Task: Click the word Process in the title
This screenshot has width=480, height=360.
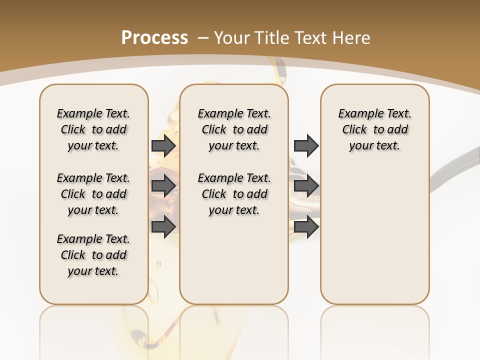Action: tap(154, 38)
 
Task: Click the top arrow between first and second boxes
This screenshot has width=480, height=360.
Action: tap(163, 146)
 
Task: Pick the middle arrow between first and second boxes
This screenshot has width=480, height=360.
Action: tap(163, 186)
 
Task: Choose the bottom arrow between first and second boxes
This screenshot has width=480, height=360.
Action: tap(163, 226)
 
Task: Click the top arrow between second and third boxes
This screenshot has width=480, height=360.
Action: tap(306, 146)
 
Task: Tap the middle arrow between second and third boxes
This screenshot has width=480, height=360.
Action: tap(306, 186)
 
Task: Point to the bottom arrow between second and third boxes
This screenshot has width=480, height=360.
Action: tap(306, 226)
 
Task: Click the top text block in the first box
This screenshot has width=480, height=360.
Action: tap(93, 129)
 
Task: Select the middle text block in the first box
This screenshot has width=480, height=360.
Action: tap(93, 194)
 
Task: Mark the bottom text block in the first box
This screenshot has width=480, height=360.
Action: tap(93, 255)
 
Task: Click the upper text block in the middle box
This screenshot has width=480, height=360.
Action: tap(234, 129)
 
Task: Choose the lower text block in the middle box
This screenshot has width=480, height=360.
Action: tap(234, 194)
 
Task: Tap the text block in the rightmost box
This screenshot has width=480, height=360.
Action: tap(374, 129)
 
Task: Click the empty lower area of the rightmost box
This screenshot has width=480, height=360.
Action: tap(374, 235)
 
